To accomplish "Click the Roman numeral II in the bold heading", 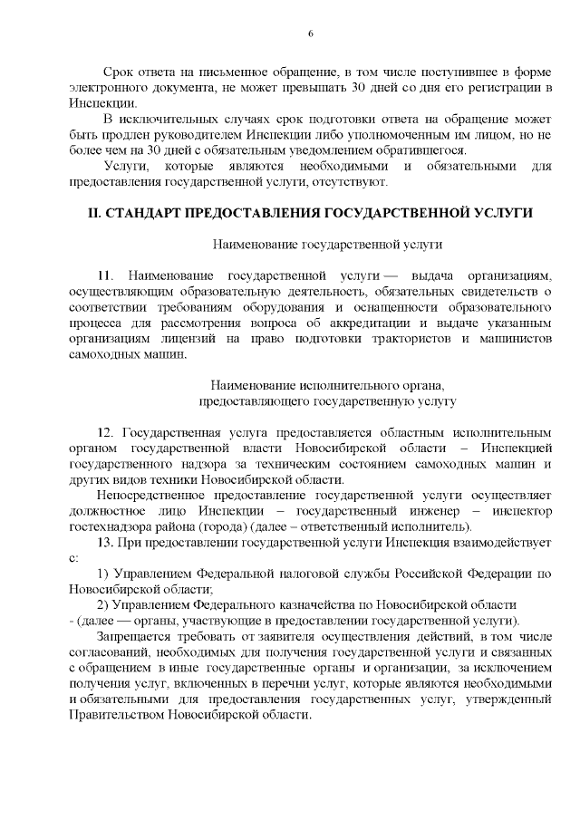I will tap(92, 213).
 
